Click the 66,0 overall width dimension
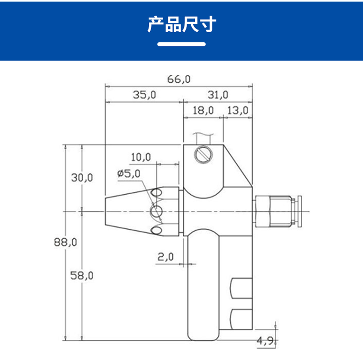click(x=179, y=79)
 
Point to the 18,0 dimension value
click(x=203, y=110)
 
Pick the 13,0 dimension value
click(x=238, y=110)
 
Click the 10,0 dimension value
click(x=140, y=157)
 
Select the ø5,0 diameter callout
click(x=129, y=173)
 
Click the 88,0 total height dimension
click(x=65, y=242)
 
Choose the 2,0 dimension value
click(x=166, y=257)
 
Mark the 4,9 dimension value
click(x=265, y=341)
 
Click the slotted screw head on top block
click(x=204, y=154)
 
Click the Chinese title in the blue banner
click(x=181, y=24)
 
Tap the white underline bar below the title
click(x=181, y=44)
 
